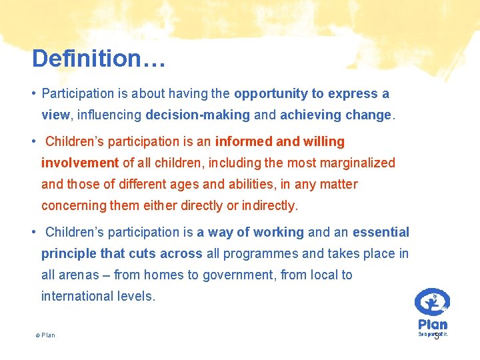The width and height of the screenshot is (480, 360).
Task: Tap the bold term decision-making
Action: click(x=197, y=115)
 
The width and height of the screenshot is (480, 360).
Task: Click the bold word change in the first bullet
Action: click(x=369, y=115)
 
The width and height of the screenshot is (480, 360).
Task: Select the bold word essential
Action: click(x=381, y=233)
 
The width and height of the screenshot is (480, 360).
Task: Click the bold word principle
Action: click(x=69, y=254)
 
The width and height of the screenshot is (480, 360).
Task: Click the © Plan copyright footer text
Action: click(x=45, y=335)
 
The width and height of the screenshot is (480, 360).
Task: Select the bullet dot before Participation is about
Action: click(x=33, y=94)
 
